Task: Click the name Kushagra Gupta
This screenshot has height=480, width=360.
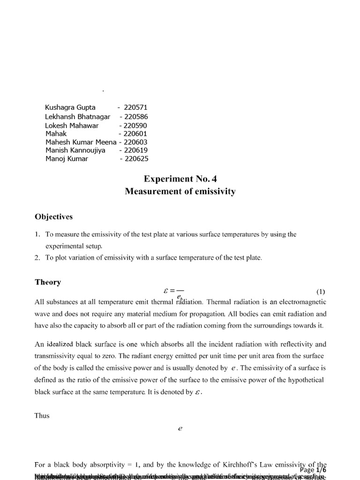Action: point(70,107)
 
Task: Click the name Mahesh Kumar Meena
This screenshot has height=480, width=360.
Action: point(81,142)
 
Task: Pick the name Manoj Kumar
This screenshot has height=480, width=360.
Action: point(67,158)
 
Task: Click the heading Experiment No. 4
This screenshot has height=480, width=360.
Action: point(180,179)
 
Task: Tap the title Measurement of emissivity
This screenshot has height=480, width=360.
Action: point(180,191)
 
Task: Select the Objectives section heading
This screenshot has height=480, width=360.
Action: point(53,217)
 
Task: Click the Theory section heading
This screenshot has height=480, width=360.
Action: point(48,282)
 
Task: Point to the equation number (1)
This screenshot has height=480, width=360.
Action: point(321,291)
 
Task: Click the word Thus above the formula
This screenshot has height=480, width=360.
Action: point(42,415)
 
